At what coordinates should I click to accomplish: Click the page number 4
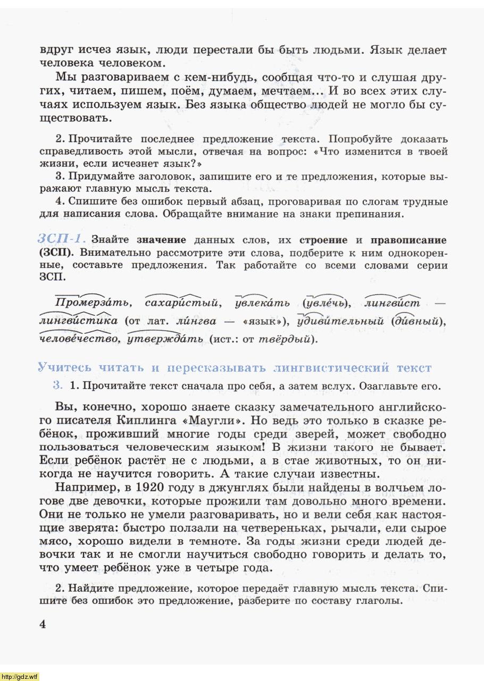click(43, 624)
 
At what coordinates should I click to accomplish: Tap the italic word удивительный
click(340, 321)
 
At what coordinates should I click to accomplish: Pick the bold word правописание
click(408, 240)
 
